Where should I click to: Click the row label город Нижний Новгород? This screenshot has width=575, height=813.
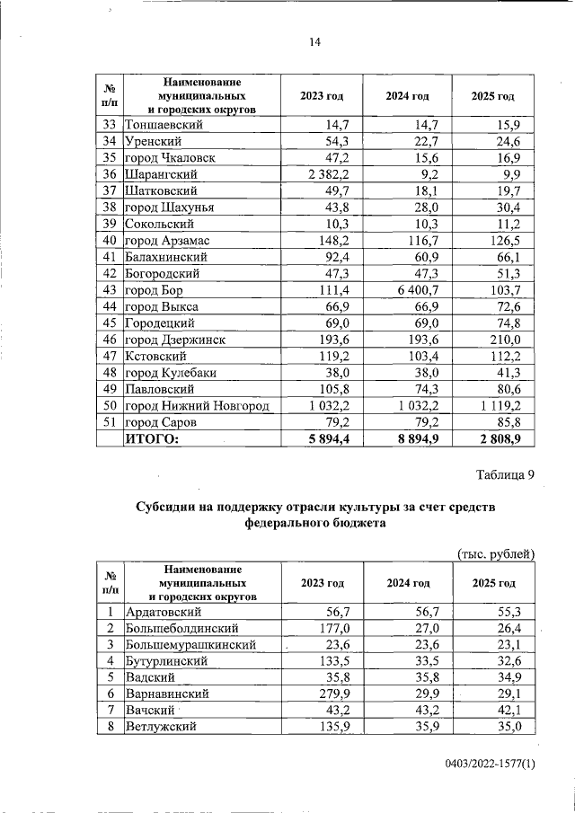(198, 406)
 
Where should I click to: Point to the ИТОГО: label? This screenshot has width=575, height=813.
(153, 438)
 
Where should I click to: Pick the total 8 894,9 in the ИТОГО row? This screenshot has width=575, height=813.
(412, 438)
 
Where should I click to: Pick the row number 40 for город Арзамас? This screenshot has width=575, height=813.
(111, 241)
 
